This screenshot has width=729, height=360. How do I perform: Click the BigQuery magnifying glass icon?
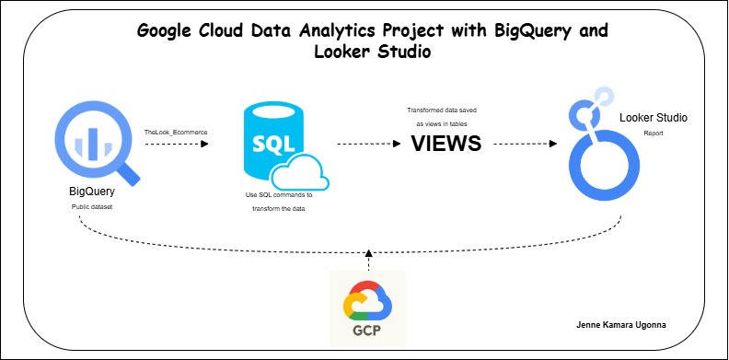(96, 142)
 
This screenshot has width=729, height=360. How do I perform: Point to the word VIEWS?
(445, 144)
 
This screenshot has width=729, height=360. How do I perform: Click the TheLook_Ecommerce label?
(176, 133)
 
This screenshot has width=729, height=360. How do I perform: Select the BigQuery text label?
(92, 192)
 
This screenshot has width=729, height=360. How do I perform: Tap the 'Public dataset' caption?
(92, 208)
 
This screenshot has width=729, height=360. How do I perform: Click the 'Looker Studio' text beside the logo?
(654, 119)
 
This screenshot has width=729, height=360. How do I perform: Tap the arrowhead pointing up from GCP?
(367, 252)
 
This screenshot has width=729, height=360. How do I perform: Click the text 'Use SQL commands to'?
(279, 195)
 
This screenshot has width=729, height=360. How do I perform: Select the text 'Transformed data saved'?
(442, 110)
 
